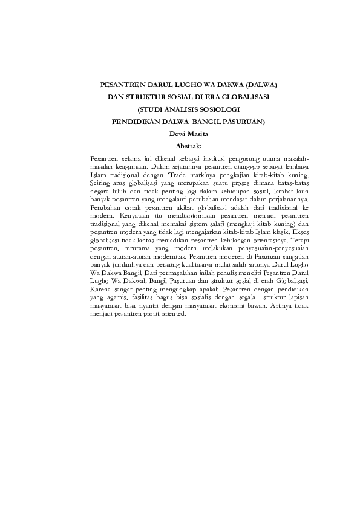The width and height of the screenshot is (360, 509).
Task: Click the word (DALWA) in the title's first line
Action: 247,86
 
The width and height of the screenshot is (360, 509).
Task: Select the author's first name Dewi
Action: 169,134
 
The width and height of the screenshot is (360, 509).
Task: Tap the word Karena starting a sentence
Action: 100,290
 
